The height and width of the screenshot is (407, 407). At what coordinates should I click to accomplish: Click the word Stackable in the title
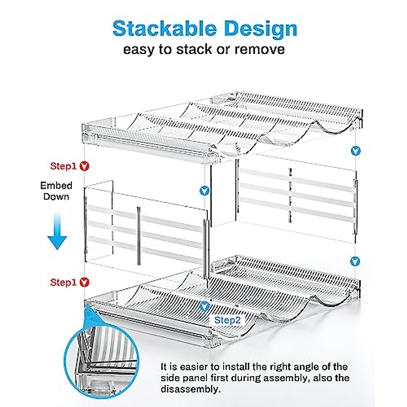click(165, 29)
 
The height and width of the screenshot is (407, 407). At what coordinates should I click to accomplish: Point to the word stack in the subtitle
click(194, 50)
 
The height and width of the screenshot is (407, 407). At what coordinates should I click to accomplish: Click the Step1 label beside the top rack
click(63, 166)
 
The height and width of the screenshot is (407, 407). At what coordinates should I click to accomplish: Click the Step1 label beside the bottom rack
click(63, 283)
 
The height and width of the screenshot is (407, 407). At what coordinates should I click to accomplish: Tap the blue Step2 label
click(228, 320)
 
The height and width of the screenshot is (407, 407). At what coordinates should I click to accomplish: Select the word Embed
click(56, 186)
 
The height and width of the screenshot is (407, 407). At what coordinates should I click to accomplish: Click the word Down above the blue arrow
click(56, 197)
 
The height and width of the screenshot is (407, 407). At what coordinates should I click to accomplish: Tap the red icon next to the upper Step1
click(84, 166)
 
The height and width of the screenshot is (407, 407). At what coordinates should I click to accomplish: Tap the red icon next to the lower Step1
click(84, 283)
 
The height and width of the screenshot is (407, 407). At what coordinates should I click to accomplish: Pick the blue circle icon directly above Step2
click(204, 307)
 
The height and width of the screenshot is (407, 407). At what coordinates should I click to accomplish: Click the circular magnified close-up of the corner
click(102, 360)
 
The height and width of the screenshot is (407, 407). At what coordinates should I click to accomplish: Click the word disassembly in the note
click(191, 389)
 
